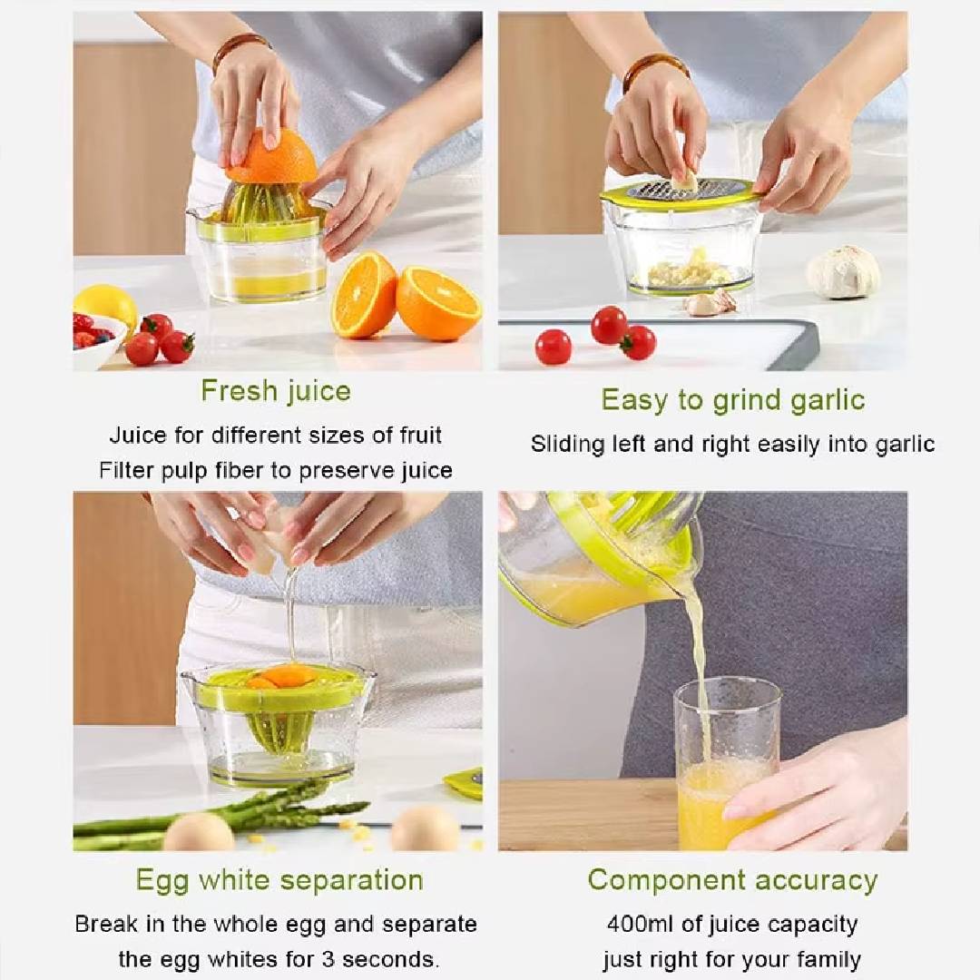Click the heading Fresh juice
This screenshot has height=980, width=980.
coord(276,392)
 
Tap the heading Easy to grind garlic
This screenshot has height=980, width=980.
coord(733,401)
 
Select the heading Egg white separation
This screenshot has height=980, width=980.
coord(279,880)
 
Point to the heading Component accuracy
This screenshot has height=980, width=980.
coord(732,880)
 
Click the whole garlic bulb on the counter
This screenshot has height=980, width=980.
coord(843,272)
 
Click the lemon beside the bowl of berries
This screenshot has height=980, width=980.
coord(107,303)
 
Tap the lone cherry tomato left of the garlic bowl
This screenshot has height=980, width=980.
coord(554,348)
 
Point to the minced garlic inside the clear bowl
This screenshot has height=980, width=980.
coord(688,271)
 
